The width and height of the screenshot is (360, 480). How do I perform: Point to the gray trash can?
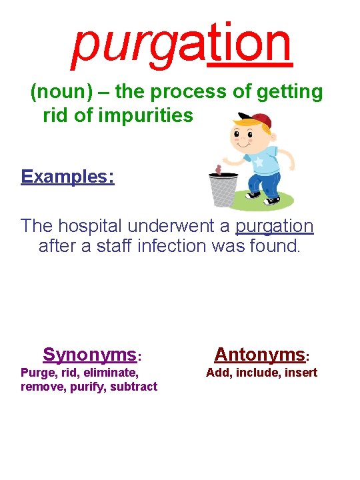point(223,189)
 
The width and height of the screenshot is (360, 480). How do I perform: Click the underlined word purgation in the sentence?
point(274,225)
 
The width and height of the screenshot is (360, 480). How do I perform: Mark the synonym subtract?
point(134,387)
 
